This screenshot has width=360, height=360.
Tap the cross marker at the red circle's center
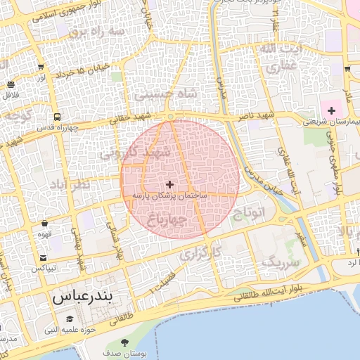click(x=169, y=184)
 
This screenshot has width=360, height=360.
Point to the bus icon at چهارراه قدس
click(x=56, y=117)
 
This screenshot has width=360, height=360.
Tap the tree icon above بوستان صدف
click(x=124, y=342)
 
